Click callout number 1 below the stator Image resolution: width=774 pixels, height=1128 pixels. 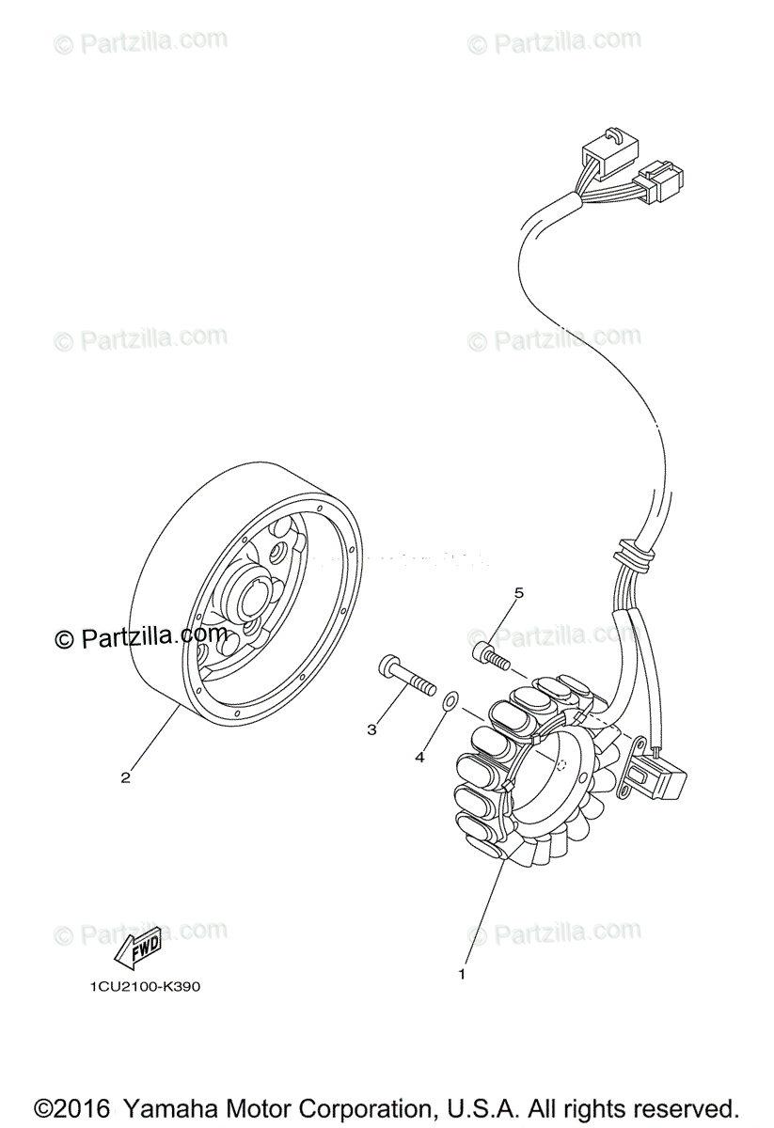(x=462, y=974)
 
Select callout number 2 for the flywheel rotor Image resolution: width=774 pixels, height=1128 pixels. (x=124, y=776)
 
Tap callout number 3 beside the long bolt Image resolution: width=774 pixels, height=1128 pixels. (x=372, y=728)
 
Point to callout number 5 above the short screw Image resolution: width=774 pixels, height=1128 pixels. (x=517, y=592)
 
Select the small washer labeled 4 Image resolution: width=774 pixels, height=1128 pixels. (x=450, y=698)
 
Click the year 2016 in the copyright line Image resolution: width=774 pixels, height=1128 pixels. (x=83, y=1106)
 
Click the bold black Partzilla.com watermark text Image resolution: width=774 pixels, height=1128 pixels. (x=141, y=637)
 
